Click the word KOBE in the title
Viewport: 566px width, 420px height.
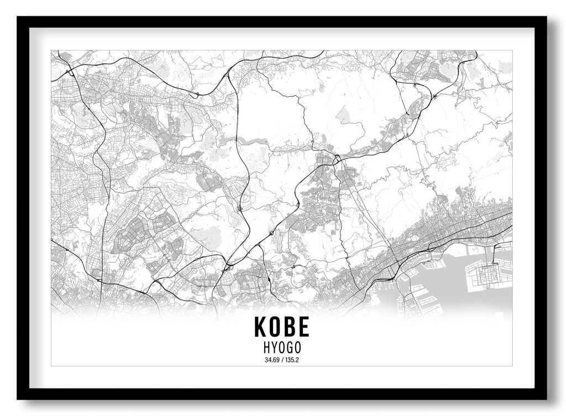point(281,327)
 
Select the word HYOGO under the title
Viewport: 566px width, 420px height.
point(281,348)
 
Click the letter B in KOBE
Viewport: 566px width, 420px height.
point(289,327)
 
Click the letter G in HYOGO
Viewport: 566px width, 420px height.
point(291,348)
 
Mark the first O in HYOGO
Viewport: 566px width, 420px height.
point(281,348)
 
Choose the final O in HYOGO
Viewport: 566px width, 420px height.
point(300,348)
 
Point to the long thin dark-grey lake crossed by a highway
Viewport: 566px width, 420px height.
point(243,142)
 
